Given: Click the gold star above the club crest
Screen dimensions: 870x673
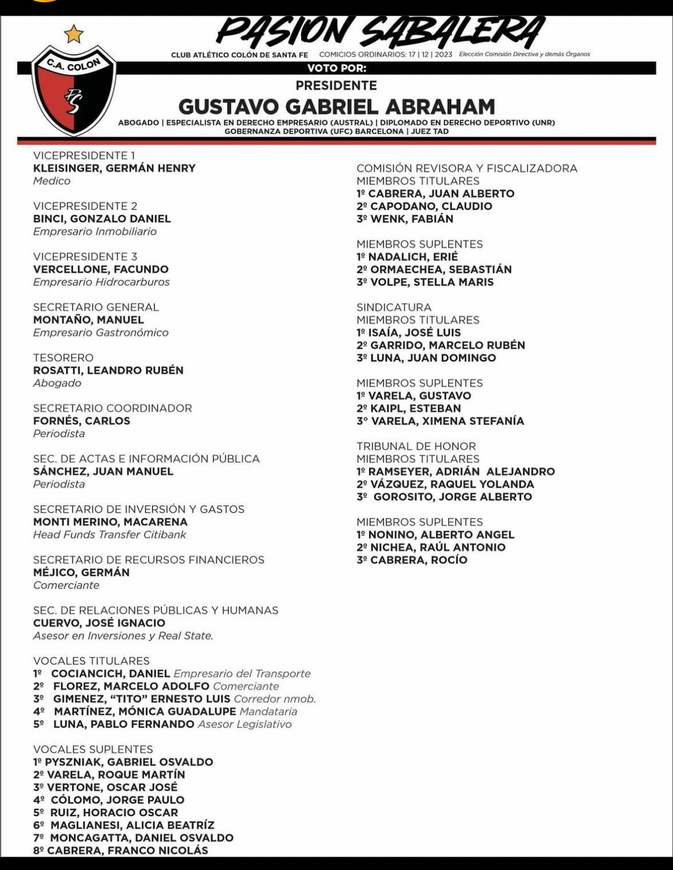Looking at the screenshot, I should pyautogui.click(x=74, y=35).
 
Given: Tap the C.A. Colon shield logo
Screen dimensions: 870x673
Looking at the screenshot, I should pyautogui.click(x=73, y=90).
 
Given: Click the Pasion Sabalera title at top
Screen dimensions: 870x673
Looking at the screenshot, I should pyautogui.click(x=380, y=31).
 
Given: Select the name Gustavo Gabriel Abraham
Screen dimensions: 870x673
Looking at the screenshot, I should pyautogui.click(x=336, y=107).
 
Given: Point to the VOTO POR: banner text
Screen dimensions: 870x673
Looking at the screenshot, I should pyautogui.click(x=336, y=68).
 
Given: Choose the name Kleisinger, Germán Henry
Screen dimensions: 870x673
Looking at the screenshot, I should pyautogui.click(x=114, y=168).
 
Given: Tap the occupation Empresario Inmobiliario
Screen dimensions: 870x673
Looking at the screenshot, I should pyautogui.click(x=95, y=232).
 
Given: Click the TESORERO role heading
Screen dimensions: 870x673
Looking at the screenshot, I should pyautogui.click(x=63, y=358).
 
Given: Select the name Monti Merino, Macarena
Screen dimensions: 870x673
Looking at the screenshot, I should pyautogui.click(x=110, y=522).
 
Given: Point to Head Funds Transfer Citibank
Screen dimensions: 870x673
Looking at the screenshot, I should pyautogui.click(x=109, y=535).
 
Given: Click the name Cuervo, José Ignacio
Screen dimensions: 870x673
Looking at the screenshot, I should pyautogui.click(x=99, y=623).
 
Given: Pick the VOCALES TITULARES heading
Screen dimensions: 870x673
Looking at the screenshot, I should pyautogui.click(x=91, y=661).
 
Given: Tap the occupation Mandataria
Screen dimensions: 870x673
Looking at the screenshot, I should pyautogui.click(x=269, y=711).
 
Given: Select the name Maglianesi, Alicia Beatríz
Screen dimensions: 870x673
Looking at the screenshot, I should pyautogui.click(x=132, y=825).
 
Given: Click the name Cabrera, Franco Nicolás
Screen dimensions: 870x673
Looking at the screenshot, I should pyautogui.click(x=127, y=850).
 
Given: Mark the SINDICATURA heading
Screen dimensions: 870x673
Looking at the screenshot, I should pyautogui.click(x=394, y=307).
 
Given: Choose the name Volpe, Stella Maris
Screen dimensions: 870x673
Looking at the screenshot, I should pyautogui.click(x=432, y=282).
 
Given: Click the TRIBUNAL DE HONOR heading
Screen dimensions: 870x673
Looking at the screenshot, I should pyautogui.click(x=416, y=446).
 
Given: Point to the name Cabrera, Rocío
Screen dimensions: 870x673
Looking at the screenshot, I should pyautogui.click(x=418, y=560).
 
